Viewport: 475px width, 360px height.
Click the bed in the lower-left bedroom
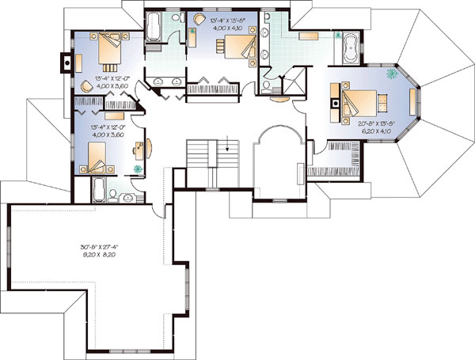(x=94, y=162)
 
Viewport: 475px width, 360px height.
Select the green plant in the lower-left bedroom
(x=138, y=168)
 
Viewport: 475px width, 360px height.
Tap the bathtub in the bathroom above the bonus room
(x=101, y=190)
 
